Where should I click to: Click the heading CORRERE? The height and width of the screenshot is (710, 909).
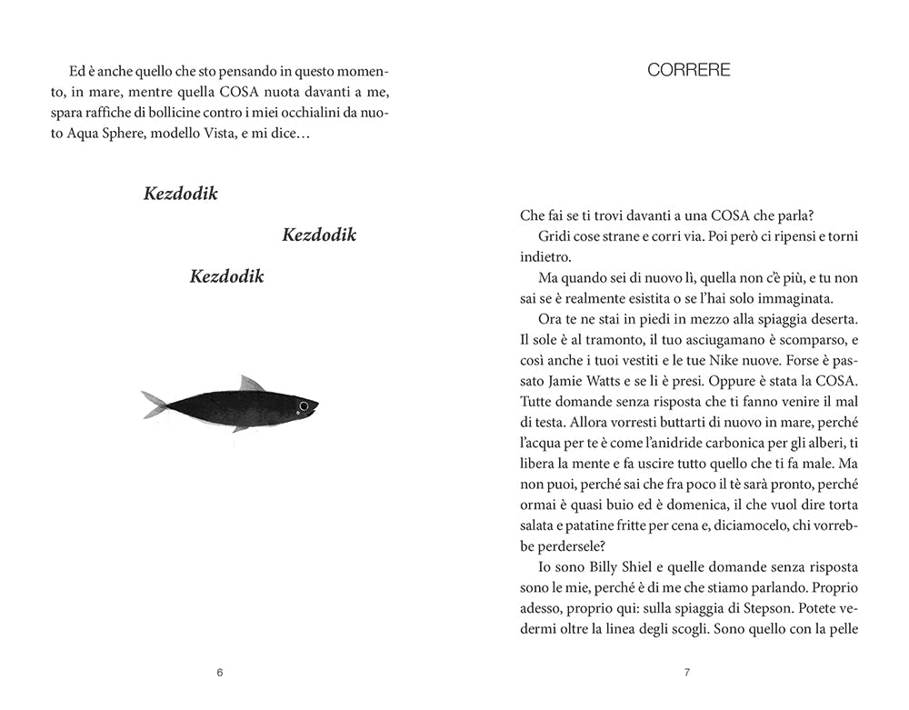[688, 71]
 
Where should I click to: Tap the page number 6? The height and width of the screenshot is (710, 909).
[220, 673]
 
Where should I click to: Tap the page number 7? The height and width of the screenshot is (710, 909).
[687, 673]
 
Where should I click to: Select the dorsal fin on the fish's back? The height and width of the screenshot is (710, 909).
[250, 384]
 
